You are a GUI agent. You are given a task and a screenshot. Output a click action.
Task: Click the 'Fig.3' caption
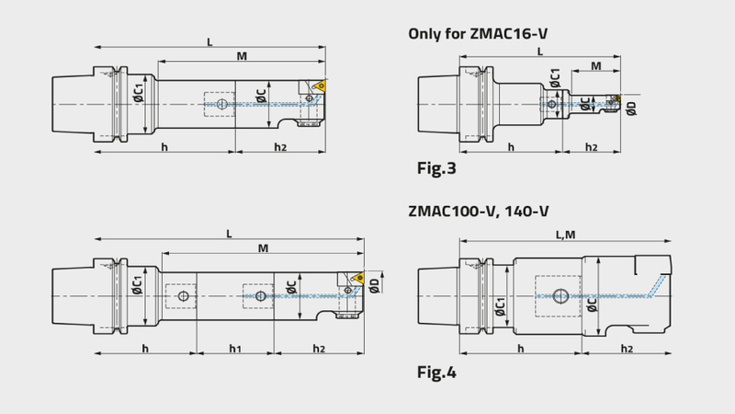[436, 168]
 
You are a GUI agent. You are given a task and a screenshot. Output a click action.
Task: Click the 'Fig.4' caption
[436, 373]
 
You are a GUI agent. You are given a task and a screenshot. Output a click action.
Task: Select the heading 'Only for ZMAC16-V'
[478, 34]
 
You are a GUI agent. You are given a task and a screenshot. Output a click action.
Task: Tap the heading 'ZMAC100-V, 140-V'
[478, 212]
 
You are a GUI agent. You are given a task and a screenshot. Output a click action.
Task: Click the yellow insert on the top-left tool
[321, 85]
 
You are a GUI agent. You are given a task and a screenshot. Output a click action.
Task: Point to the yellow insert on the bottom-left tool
[359, 278]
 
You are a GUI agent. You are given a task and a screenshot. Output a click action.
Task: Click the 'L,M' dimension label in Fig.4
[565, 235]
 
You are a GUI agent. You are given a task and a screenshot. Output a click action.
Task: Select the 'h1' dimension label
[235, 349]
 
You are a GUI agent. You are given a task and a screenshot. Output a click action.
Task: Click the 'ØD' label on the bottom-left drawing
[374, 285]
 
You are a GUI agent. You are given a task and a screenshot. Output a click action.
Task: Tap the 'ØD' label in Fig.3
[632, 109]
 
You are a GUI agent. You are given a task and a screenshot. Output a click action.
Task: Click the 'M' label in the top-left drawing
[242, 56]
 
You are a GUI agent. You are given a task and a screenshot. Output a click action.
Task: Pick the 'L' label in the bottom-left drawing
[229, 234]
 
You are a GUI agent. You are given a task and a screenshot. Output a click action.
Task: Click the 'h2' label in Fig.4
[627, 349]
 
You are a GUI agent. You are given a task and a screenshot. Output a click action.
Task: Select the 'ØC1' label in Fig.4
[501, 306]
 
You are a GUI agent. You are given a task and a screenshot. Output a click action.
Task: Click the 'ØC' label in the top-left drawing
[262, 96]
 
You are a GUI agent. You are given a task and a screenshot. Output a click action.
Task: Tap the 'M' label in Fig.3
[595, 66]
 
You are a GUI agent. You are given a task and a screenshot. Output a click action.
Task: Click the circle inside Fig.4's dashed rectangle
[560, 296]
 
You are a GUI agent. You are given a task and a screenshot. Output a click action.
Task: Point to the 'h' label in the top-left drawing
[164, 147]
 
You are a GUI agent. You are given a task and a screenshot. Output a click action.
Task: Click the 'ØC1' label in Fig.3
[555, 78]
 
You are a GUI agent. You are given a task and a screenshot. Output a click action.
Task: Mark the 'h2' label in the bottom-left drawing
[319, 349]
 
